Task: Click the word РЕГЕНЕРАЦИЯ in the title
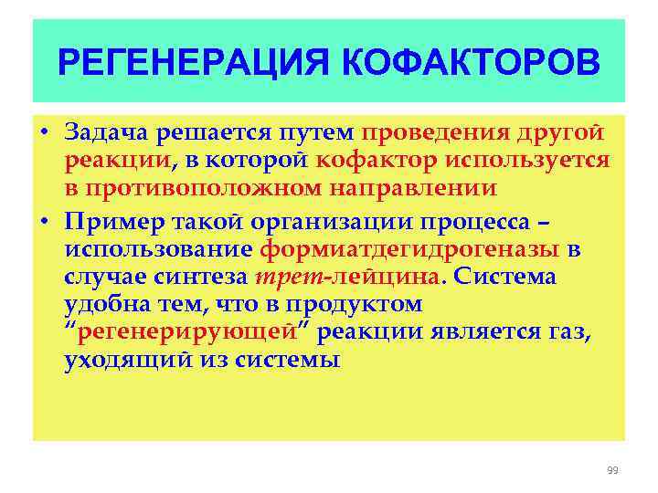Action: [196, 64]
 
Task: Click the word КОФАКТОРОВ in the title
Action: [472, 64]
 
